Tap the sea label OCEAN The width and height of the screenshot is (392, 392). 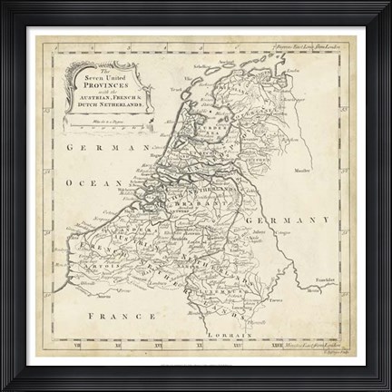coord(95,181)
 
